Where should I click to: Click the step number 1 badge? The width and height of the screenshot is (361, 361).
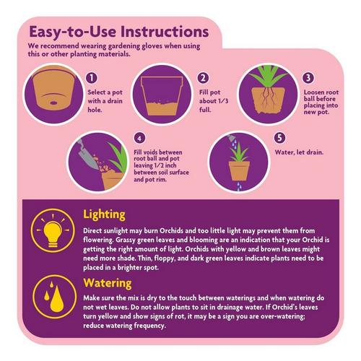[x=92, y=78]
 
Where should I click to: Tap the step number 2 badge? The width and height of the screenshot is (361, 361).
[x=203, y=78]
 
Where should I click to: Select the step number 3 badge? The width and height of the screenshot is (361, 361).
[x=308, y=77]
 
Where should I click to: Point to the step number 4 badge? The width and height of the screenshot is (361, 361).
[x=139, y=138]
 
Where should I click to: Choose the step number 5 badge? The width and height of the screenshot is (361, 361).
[x=279, y=138]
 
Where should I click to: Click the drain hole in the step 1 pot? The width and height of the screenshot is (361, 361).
[x=53, y=103]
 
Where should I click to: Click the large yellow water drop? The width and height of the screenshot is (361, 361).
[x=57, y=299]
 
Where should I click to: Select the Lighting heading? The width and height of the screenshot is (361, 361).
[x=104, y=214]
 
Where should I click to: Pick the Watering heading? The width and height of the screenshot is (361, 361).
[x=108, y=283]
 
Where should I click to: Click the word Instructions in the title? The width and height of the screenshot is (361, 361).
[x=165, y=32]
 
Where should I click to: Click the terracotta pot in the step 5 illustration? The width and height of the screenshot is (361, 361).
[x=239, y=170]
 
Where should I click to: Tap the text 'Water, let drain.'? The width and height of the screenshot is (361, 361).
[x=299, y=152]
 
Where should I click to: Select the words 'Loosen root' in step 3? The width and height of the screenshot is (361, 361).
[x=321, y=92]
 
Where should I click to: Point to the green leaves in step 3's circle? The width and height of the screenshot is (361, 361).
[x=268, y=76]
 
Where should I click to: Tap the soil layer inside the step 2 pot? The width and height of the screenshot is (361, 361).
[x=162, y=108]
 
